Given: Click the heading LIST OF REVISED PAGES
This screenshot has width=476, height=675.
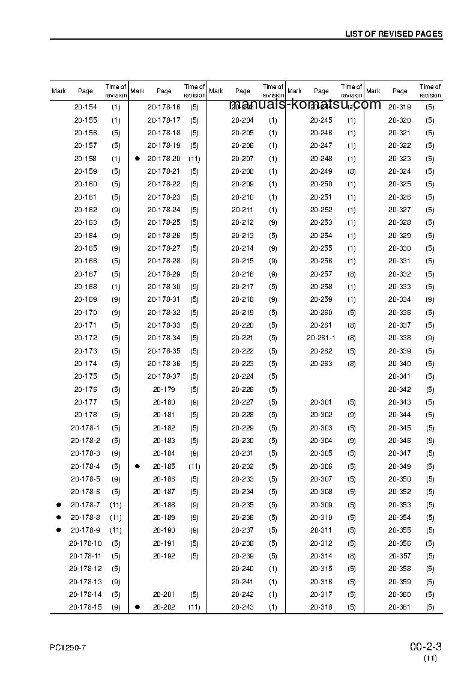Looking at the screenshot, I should pos(393,34).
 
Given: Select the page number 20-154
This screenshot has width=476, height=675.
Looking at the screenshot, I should pos(85,107).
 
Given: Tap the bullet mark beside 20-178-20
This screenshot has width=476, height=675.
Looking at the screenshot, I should pos(137,159).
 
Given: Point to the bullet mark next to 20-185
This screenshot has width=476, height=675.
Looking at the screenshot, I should pos(137,466).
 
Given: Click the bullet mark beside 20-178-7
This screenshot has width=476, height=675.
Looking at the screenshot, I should pos(59,505).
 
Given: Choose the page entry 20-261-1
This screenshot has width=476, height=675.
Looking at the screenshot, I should pos(321,338).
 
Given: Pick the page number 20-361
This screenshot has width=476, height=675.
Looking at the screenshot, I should pos(399,607).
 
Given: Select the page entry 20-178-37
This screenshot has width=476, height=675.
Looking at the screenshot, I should pos(164,377).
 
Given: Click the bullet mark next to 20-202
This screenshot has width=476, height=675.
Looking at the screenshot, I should pos(137,607).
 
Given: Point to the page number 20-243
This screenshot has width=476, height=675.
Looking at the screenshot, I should pos(243,607).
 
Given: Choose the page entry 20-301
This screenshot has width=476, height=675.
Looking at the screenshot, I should pos(321,402).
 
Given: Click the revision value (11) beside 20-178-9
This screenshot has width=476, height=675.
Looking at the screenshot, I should pos(116,531).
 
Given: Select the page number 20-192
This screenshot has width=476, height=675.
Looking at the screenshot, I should pos(164,556).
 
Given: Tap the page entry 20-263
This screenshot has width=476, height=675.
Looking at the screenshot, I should pos(321,364).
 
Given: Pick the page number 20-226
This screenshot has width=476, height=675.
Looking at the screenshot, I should pos(243,389).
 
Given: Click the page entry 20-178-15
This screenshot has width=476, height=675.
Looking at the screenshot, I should pos(85,607).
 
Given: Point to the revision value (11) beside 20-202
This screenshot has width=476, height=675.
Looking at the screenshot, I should pos(194,607).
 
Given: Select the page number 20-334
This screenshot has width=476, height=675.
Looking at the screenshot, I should pos(399,300).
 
